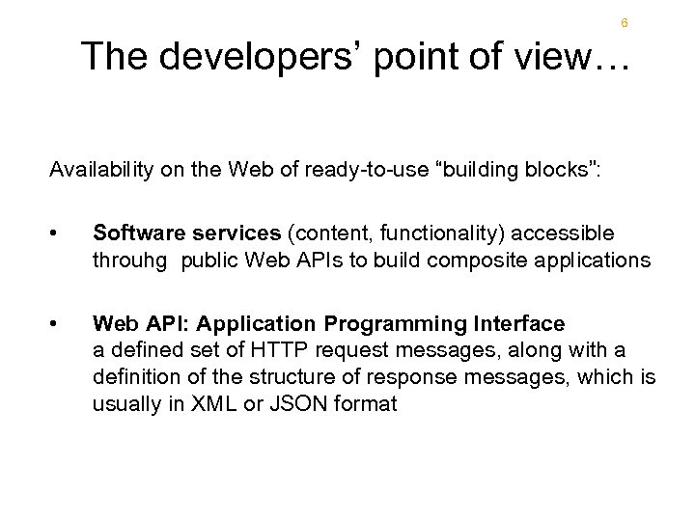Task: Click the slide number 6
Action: coord(625,22)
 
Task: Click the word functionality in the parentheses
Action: coord(446,233)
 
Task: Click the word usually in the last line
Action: coord(126,403)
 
